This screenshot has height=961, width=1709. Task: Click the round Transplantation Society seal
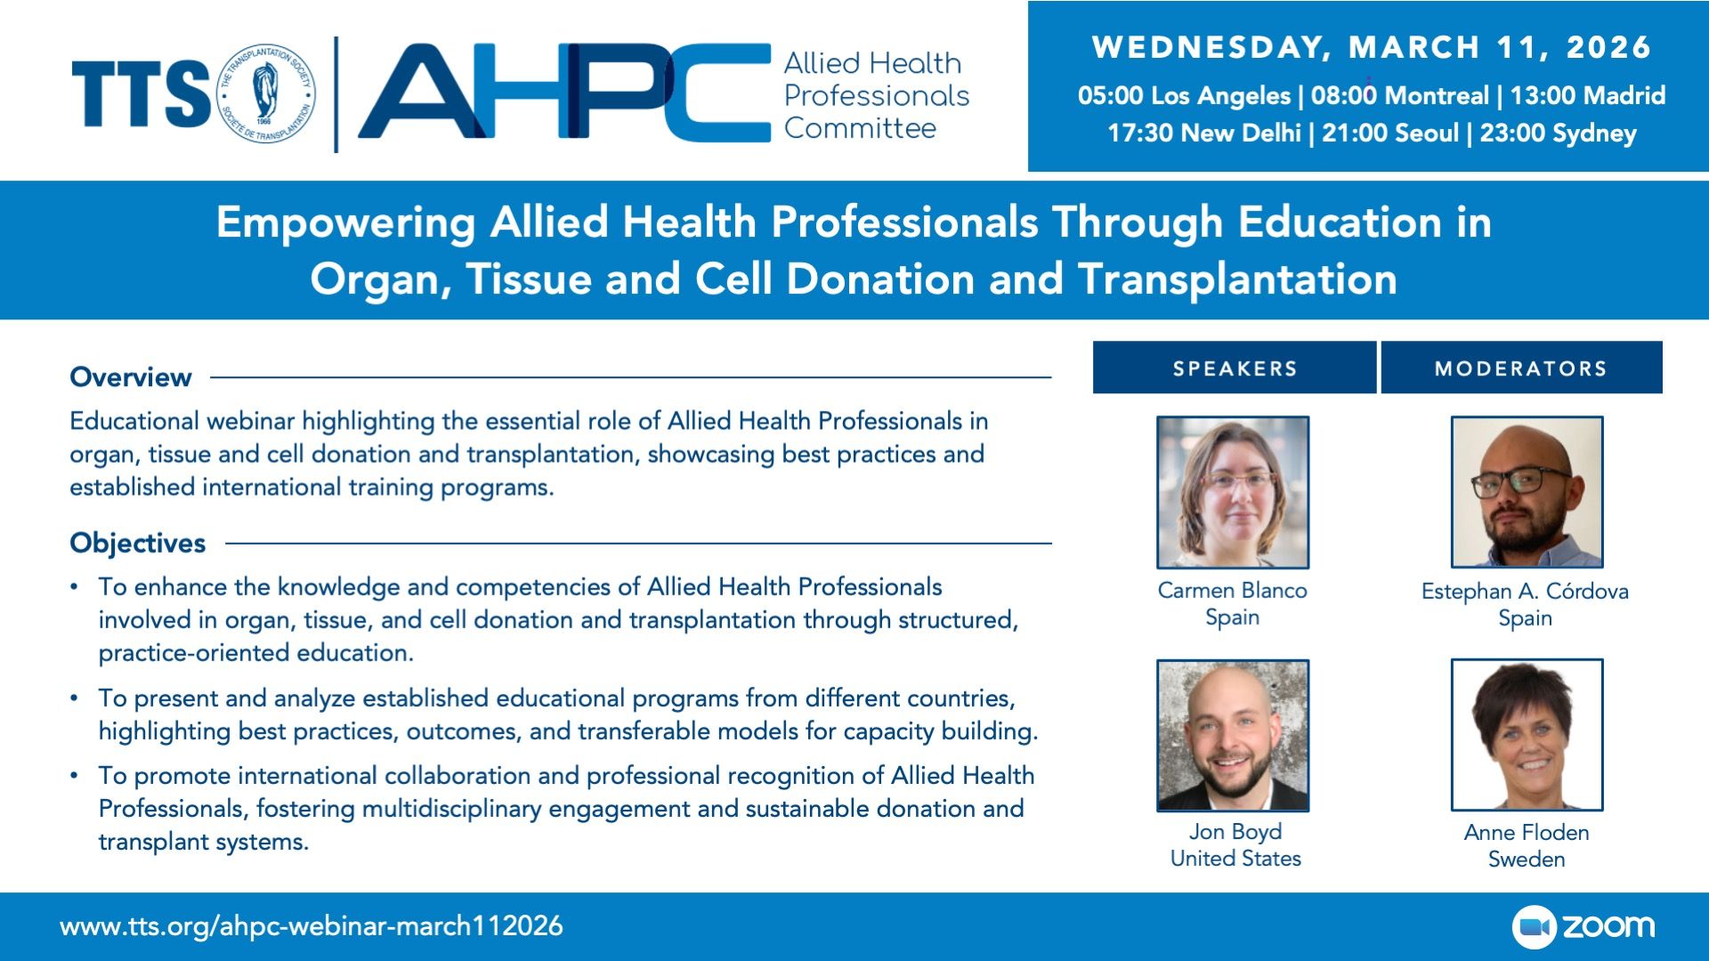pyautogui.click(x=266, y=94)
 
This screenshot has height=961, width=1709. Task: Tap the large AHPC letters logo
pyautogui.click(x=564, y=93)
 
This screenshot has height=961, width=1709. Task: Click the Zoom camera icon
pyautogui.click(x=1534, y=927)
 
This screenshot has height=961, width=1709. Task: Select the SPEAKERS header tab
pyautogui.click(x=1235, y=367)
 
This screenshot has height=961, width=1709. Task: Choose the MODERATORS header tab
pyautogui.click(x=1521, y=367)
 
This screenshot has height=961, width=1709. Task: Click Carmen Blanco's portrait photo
pyautogui.click(x=1233, y=492)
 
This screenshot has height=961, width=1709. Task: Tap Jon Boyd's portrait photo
pyautogui.click(x=1233, y=735)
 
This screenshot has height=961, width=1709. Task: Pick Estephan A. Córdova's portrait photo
pyautogui.click(x=1527, y=492)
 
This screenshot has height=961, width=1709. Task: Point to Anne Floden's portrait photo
pyautogui.click(x=1527, y=735)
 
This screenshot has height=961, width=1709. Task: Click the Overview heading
pyautogui.click(x=131, y=377)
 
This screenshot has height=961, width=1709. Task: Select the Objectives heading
pyautogui.click(x=138, y=543)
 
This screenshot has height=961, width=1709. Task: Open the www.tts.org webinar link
pyautogui.click(x=312, y=926)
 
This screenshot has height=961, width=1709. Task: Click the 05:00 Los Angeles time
pyautogui.click(x=1184, y=96)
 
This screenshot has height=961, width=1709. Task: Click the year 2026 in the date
pyautogui.click(x=1608, y=47)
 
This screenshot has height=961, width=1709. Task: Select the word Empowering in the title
pyautogui.click(x=345, y=222)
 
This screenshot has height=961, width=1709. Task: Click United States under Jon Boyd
pyautogui.click(x=1235, y=859)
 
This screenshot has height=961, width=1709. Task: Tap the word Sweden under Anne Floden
pyautogui.click(x=1527, y=860)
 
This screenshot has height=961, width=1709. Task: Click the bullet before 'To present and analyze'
pyautogui.click(x=75, y=698)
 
